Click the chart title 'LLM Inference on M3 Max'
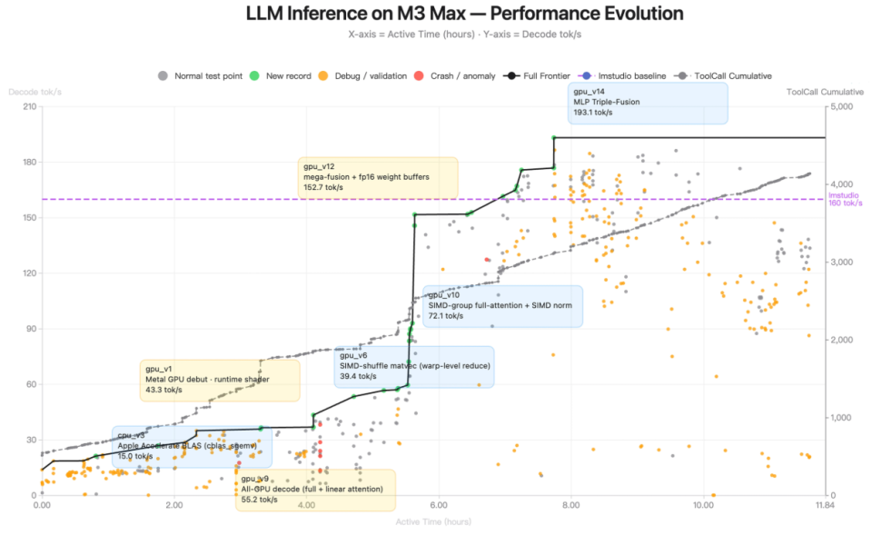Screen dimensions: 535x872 click(x=464, y=15)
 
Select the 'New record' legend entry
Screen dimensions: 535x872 click(x=291, y=76)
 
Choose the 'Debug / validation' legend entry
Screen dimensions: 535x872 click(x=369, y=76)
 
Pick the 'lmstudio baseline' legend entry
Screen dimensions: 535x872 click(x=626, y=76)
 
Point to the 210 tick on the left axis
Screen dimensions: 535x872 click(x=27, y=107)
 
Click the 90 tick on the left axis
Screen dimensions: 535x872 click(x=29, y=329)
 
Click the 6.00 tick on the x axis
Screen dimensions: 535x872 click(x=438, y=504)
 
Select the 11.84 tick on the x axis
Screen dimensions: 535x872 click(x=824, y=504)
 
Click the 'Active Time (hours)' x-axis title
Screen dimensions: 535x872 click(x=432, y=520)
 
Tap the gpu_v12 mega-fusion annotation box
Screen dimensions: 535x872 click(x=378, y=177)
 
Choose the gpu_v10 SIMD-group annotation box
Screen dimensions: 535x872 click(x=502, y=306)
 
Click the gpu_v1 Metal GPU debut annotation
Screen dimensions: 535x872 click(x=219, y=380)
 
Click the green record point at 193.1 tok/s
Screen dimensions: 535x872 click(x=553, y=138)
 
